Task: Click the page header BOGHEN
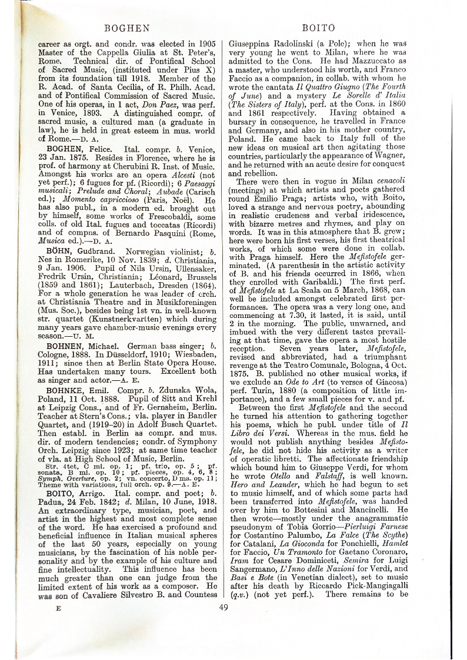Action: [x=126, y=28]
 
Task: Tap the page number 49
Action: [x=223, y=591]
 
